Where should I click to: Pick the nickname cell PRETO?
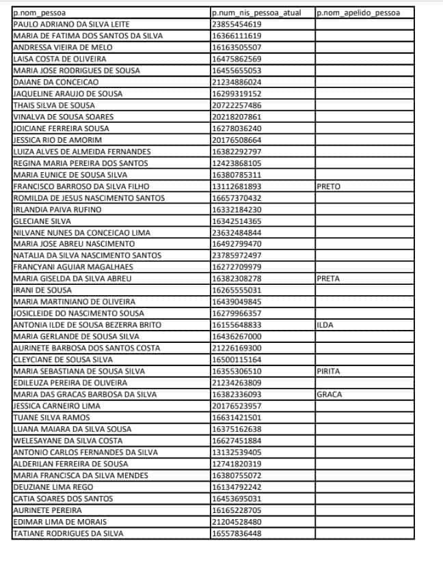pos(329,186)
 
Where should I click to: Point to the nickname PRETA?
pos(329,279)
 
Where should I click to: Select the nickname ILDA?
pos(325,325)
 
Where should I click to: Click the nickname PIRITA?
pos(329,372)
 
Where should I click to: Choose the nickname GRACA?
pos(329,395)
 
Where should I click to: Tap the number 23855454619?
pos(237,24)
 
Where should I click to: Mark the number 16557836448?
pos(237,533)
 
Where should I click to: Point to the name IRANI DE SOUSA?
pos(43,290)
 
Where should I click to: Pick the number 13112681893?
pos(237,186)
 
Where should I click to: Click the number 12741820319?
pos(237,464)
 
